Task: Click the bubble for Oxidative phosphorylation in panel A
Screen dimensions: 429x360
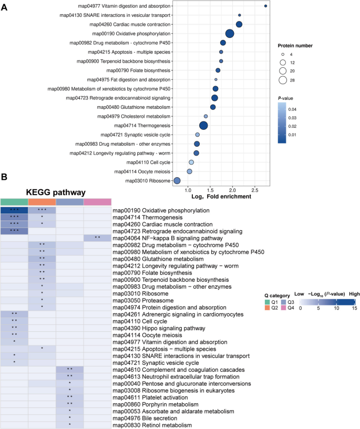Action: [x=230, y=34]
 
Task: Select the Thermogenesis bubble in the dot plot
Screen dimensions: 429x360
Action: [x=203, y=125]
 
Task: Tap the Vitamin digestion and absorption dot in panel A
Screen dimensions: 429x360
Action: [x=265, y=6]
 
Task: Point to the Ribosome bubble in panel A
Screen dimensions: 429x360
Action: [x=177, y=181]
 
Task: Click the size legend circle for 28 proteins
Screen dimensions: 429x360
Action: [x=283, y=80]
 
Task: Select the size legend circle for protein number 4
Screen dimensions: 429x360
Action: [x=283, y=54]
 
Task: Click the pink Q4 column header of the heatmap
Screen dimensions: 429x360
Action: [x=97, y=202]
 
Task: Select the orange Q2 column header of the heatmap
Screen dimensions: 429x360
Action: [x=42, y=202]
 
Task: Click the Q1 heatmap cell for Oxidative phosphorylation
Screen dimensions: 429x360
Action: [x=14, y=210]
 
